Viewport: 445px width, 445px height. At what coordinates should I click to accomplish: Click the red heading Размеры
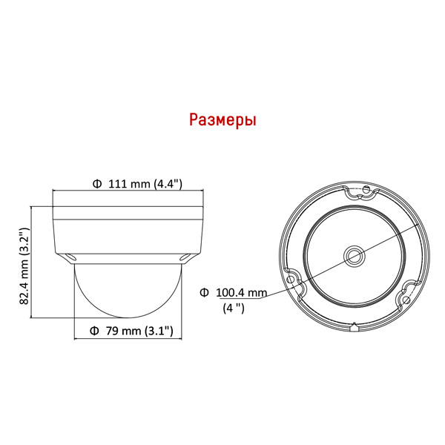pyautogui.click(x=222, y=120)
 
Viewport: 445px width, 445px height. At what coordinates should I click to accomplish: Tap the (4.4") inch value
pyautogui.click(x=168, y=184)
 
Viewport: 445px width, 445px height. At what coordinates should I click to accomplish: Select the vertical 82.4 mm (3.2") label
pyautogui.click(x=24, y=266)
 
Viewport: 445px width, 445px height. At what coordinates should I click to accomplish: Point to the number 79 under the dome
pyautogui.click(x=112, y=331)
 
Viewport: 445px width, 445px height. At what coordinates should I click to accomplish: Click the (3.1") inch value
pyautogui.click(x=159, y=331)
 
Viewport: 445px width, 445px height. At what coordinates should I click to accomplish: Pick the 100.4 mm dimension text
pyautogui.click(x=242, y=293)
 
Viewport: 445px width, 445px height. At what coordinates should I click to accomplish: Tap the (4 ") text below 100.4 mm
pyautogui.click(x=234, y=308)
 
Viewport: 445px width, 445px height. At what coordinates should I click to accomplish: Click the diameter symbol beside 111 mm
pyautogui.click(x=97, y=184)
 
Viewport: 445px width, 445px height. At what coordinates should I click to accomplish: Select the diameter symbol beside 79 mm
pyautogui.click(x=94, y=331)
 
